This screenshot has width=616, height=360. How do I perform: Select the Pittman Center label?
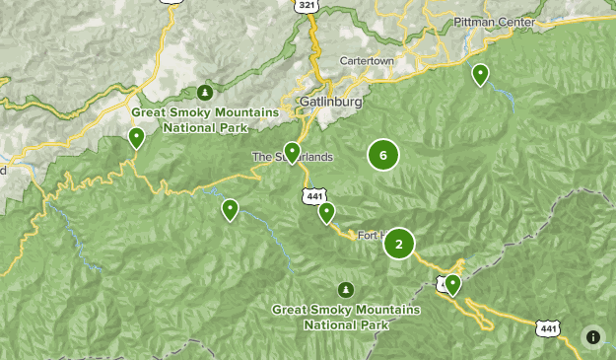pos(494,22)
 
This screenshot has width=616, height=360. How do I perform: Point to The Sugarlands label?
pos(293,157)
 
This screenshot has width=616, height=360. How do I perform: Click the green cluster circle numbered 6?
pos(382,154)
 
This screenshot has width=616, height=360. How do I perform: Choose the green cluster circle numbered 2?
pos(399,244)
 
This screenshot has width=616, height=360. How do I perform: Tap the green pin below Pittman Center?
pos(480,74)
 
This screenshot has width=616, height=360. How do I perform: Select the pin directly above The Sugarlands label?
pos(292,151)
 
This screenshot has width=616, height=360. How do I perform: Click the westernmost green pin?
pos(136,137)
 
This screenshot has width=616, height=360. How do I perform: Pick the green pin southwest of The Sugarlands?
pos(230,208)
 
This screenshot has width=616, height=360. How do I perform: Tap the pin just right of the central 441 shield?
pos(327,212)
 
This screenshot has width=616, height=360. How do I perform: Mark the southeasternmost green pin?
pos(452,284)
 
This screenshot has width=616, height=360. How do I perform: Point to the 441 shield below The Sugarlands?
pos(311,196)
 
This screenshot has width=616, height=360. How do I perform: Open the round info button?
pos(592,336)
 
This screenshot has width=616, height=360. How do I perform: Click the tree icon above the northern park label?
pos(205,93)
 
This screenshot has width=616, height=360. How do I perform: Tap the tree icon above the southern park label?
pos(345,289)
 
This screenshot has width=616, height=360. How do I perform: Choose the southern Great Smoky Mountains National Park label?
pos(346,317)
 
